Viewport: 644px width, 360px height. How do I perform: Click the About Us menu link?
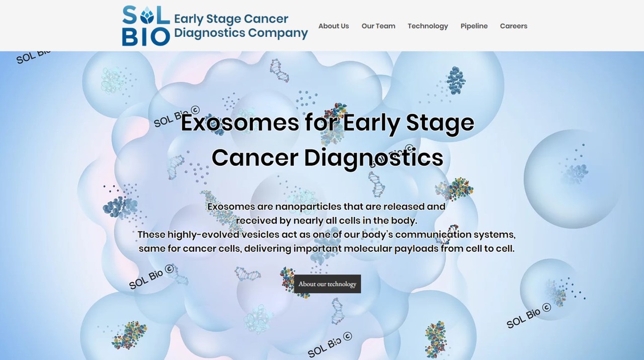click(334, 26)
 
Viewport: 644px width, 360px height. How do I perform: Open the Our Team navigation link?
click(378, 26)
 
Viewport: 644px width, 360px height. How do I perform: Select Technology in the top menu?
click(428, 26)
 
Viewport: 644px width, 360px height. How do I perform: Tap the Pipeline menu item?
click(474, 26)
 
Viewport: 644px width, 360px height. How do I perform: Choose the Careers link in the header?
click(514, 26)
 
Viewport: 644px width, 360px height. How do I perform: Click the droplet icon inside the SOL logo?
click(147, 15)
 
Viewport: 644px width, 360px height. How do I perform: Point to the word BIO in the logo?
click(146, 37)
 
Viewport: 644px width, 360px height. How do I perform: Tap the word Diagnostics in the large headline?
click(373, 158)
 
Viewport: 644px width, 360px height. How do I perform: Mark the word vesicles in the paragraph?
click(260, 235)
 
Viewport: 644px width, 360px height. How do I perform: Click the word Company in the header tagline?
click(278, 33)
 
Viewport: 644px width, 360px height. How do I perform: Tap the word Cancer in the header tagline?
click(266, 19)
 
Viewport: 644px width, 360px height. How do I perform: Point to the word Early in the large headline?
click(371, 124)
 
